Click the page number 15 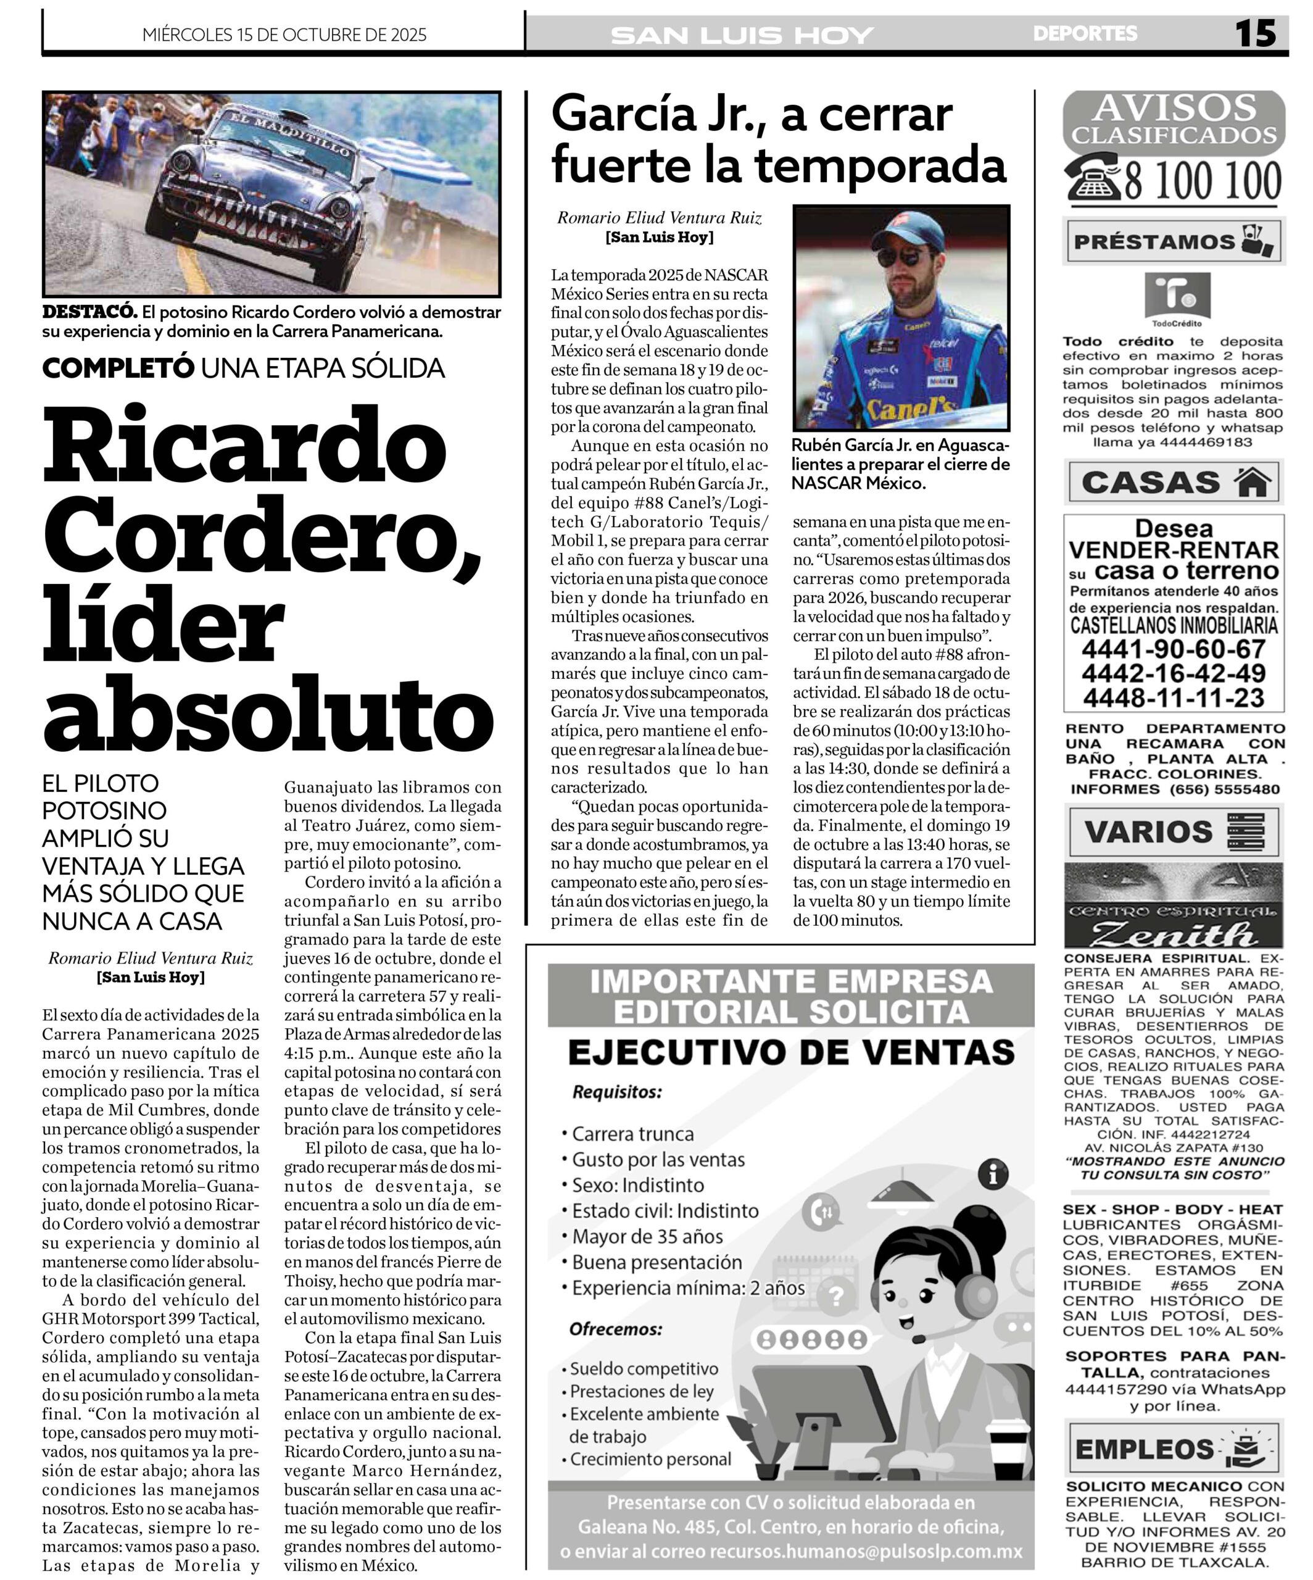pos(1255,33)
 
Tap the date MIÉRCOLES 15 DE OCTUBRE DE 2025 pos(284,35)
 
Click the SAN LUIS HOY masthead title pos(742,35)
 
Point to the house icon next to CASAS pos(1253,482)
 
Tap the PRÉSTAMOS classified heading pos(1154,241)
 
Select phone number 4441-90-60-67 pos(1173,649)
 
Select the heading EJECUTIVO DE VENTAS pos(791,1052)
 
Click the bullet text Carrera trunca pos(632,1133)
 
